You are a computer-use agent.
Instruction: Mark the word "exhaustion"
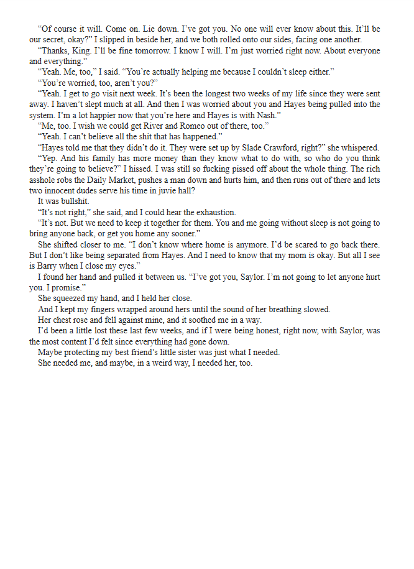(216, 212)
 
